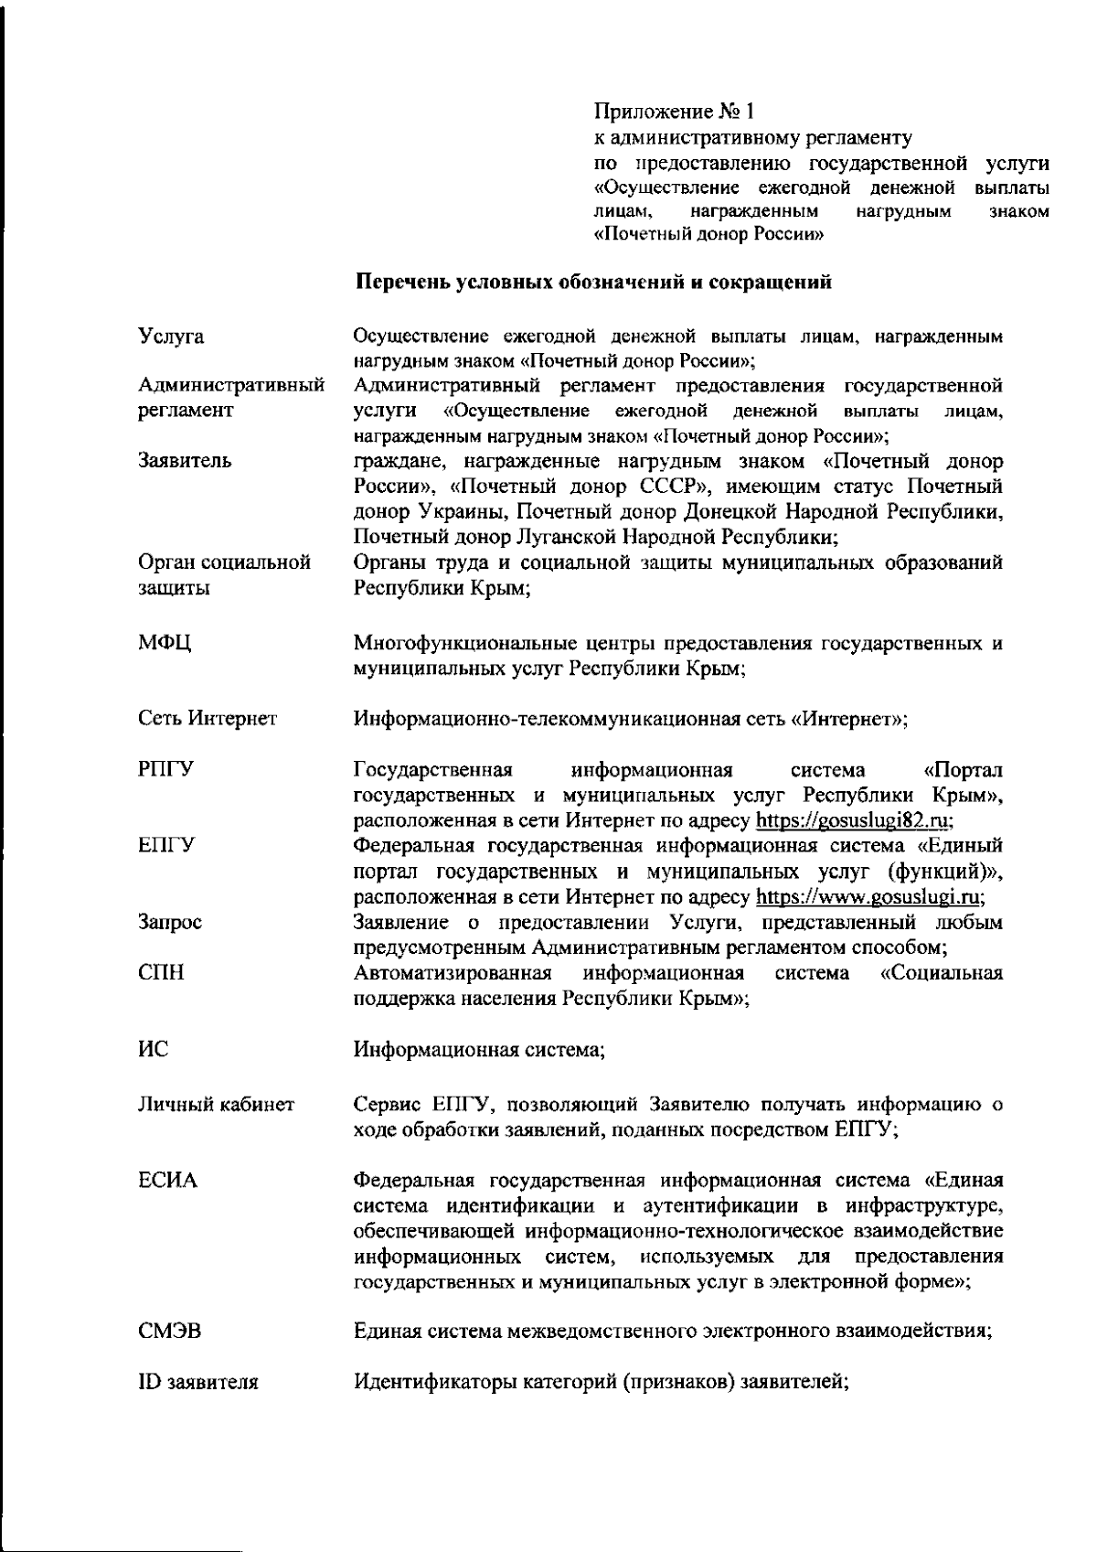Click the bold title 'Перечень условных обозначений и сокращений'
(x=593, y=282)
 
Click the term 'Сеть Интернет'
(x=208, y=719)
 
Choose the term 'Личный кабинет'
(x=216, y=1105)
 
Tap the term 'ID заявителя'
(x=197, y=1383)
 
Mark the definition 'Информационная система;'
(x=479, y=1050)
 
